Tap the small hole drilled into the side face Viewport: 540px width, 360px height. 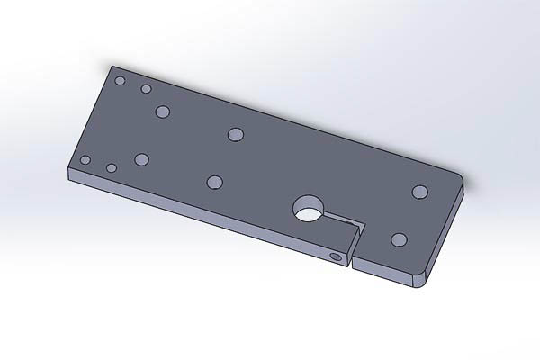pyautogui.click(x=337, y=257)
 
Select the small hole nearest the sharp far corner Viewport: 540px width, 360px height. pyautogui.click(x=120, y=80)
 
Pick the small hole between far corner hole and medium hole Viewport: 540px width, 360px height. pyautogui.click(x=145, y=89)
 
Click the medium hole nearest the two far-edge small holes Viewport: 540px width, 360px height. pyautogui.click(x=163, y=112)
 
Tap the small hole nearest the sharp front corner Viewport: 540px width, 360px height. pyautogui.click(x=85, y=160)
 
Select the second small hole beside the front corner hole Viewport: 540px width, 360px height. pyautogui.click(x=112, y=167)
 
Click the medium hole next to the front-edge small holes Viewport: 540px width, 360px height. pyautogui.click(x=141, y=159)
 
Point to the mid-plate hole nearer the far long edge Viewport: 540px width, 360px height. pyautogui.click(x=236, y=134)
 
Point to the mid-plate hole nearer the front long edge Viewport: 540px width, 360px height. pyautogui.click(x=214, y=182)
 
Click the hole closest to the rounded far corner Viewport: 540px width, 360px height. pyautogui.click(x=419, y=191)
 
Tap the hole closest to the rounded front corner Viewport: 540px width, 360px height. pyautogui.click(x=399, y=239)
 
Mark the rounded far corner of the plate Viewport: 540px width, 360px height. pyautogui.click(x=461, y=178)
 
